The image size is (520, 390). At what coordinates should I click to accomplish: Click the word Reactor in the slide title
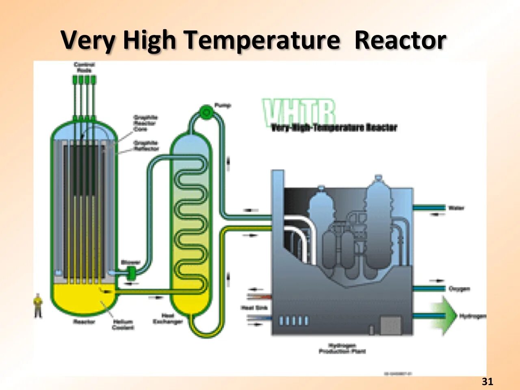click(x=400, y=41)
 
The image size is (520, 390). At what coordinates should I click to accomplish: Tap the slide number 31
click(x=487, y=381)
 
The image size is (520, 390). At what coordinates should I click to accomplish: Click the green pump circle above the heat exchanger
click(x=206, y=111)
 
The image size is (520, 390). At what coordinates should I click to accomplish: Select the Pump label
click(x=223, y=106)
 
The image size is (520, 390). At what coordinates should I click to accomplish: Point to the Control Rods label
click(x=84, y=67)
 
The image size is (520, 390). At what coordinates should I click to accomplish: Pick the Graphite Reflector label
click(x=146, y=145)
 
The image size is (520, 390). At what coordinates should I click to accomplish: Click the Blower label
click(x=130, y=262)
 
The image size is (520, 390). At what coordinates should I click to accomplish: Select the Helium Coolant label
click(x=123, y=325)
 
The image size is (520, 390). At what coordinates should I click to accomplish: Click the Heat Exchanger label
click(x=168, y=318)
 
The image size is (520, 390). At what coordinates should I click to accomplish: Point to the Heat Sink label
click(x=254, y=308)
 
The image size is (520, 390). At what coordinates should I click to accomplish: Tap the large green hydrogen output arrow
click(x=445, y=316)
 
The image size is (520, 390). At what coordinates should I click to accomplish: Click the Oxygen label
click(x=459, y=289)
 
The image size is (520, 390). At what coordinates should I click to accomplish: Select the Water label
click(x=456, y=208)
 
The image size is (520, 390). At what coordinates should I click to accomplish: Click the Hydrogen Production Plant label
click(x=342, y=349)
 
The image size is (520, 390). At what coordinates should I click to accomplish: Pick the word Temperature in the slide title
click(x=261, y=41)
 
